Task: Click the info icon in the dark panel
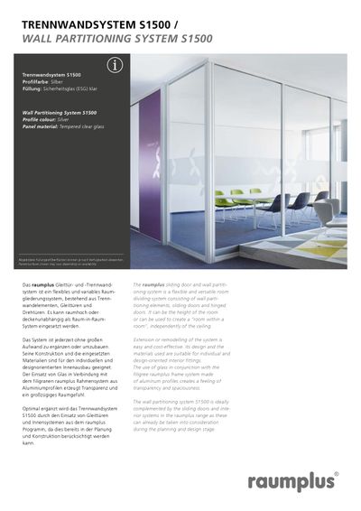(114, 65)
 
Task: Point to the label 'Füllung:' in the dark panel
(32, 88)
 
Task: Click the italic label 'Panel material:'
(42, 127)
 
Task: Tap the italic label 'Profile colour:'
(41, 120)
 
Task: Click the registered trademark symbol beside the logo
(335, 472)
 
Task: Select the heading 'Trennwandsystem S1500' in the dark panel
(51, 74)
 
